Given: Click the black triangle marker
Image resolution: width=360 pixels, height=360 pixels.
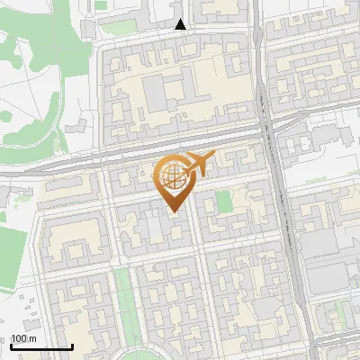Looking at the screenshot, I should [181, 24].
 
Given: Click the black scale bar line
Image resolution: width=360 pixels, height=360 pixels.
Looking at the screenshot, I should [41, 346].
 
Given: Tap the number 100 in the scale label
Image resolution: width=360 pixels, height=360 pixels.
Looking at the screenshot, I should [18, 338].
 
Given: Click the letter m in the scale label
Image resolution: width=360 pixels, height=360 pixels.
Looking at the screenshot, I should [32, 338].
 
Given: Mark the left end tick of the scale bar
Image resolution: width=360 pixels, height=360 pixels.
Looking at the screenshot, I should [11, 346].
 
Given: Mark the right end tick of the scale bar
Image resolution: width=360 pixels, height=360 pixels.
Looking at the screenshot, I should [72, 346].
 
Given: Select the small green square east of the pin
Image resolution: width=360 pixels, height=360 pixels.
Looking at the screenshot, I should [224, 201].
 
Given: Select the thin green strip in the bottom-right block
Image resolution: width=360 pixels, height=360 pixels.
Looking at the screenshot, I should [339, 315].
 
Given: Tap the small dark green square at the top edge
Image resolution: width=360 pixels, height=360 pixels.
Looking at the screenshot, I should [101, 5].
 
